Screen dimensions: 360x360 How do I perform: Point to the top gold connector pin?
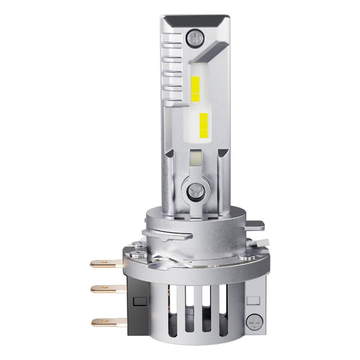tap(105, 263)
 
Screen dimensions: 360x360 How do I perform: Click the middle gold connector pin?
tap(105, 289)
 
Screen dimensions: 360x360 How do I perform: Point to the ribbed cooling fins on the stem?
tap(173, 66)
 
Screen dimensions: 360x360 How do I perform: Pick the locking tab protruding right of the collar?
tap(254, 226)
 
